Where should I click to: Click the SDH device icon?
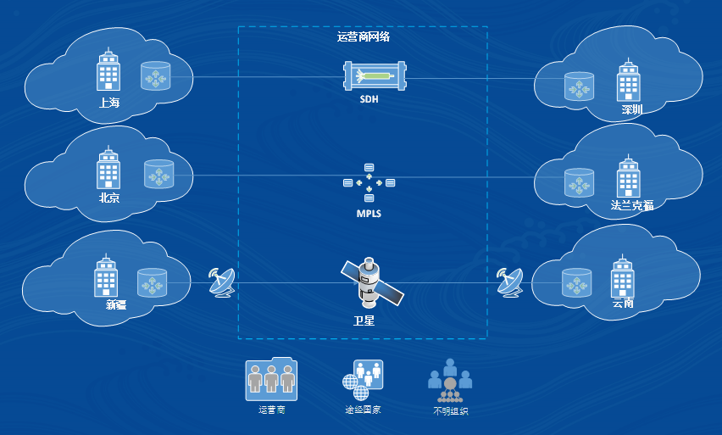tap(369, 77)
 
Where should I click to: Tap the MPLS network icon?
tap(369, 182)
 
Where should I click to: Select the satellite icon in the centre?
tap(370, 282)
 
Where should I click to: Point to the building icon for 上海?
tap(108, 70)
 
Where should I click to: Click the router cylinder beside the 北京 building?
tap(158, 175)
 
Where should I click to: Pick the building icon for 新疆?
tap(106, 275)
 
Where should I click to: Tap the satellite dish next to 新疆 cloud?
tap(222, 282)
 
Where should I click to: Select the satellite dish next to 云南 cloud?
tap(510, 282)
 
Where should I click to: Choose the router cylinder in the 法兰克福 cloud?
tap(579, 183)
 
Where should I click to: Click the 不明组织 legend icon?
tap(450, 379)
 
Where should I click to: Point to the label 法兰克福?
tap(631, 205)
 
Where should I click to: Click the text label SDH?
tap(369, 99)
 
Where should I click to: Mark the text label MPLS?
tap(369, 214)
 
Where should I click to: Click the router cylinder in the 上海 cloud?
tap(155, 77)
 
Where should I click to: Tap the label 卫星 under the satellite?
tap(364, 321)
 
